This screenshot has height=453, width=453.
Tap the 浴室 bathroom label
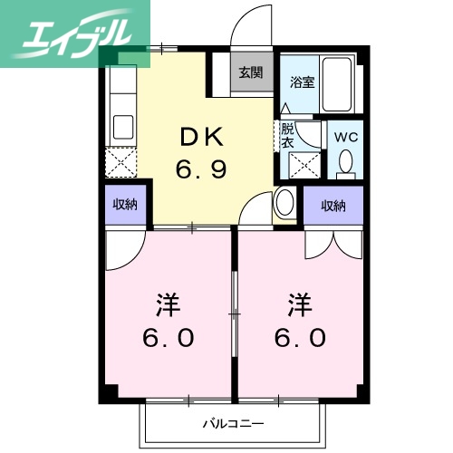302,82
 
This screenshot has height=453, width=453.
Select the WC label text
346,136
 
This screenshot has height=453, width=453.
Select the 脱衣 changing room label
287,135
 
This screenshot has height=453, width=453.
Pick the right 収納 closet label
333,206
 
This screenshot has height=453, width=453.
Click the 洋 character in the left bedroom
168,303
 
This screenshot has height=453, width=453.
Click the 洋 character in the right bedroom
301,303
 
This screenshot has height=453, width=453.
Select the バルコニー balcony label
233,422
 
